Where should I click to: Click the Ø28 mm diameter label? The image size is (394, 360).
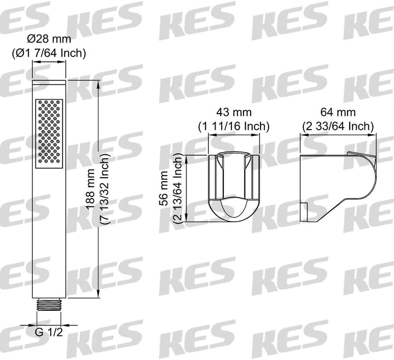[x=49, y=39]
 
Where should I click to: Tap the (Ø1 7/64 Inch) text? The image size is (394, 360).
[x=49, y=53]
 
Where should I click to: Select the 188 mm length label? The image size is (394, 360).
[x=90, y=189]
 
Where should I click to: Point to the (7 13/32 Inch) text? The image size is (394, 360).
[x=105, y=189]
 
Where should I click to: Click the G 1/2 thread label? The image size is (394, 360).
[x=49, y=332]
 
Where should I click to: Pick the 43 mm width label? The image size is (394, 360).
[x=234, y=112]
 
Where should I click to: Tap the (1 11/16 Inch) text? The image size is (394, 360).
[x=234, y=126]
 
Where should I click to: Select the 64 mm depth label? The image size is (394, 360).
[x=338, y=112]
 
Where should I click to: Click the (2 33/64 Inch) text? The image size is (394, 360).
[x=338, y=126]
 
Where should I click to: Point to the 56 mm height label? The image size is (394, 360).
[x=164, y=188]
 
